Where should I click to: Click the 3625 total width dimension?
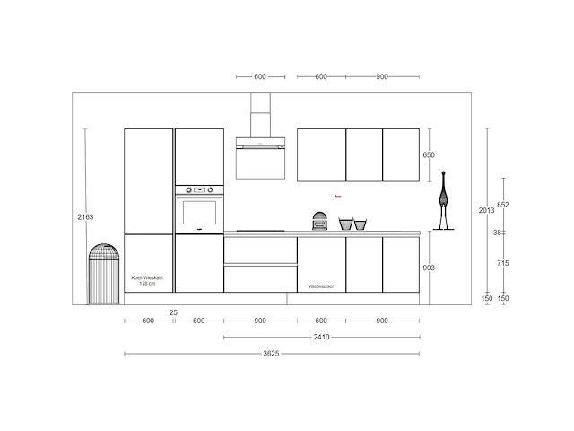click(x=273, y=353)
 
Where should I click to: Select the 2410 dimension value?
click(x=322, y=337)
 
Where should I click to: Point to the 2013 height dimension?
click(x=486, y=211)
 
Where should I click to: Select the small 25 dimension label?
click(x=172, y=312)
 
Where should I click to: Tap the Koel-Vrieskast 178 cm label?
click(x=148, y=281)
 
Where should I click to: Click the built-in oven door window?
click(x=199, y=213)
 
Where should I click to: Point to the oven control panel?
click(x=199, y=190)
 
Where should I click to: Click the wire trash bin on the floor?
click(x=103, y=274)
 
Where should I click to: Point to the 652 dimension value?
click(x=502, y=205)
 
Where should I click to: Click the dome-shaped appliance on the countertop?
click(x=318, y=221)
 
